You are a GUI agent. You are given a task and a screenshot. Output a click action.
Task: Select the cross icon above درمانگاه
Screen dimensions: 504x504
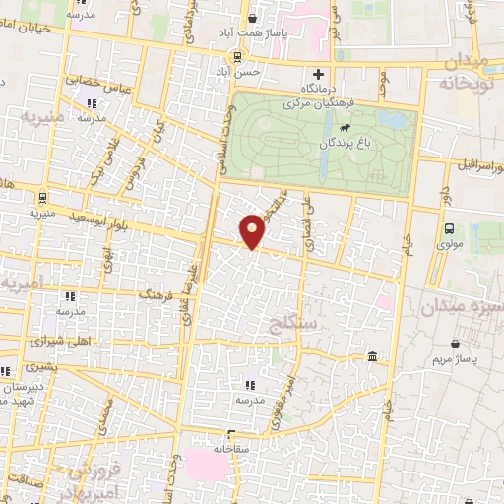318,74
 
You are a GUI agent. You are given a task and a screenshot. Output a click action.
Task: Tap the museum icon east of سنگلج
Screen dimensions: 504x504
371,357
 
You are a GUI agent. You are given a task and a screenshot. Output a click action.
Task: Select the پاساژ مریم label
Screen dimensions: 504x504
454,359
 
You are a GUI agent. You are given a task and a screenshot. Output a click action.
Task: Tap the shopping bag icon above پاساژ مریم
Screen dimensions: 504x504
455,344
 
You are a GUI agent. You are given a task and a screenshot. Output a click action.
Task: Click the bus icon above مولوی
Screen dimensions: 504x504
449,228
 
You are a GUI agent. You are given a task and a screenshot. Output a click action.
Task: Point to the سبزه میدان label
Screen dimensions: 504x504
459,308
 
